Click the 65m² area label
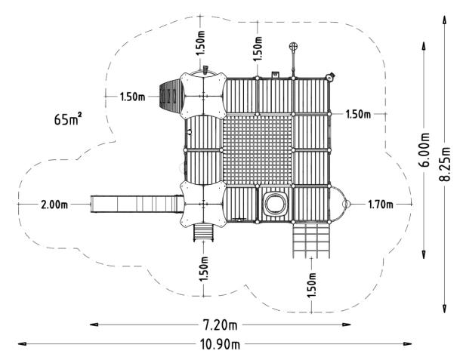(x=68, y=119)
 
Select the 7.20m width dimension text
(x=220, y=325)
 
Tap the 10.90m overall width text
(x=220, y=344)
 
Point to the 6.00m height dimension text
(x=424, y=150)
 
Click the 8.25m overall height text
(x=445, y=164)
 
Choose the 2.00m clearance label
(x=54, y=205)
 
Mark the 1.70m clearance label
(x=381, y=204)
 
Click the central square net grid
(x=258, y=150)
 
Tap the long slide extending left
(x=137, y=204)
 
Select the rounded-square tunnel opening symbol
(x=275, y=204)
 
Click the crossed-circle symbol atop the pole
(x=293, y=46)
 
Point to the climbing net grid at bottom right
(x=311, y=241)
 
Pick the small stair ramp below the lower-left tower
(x=203, y=232)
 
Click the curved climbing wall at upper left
(x=170, y=96)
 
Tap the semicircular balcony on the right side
(x=339, y=204)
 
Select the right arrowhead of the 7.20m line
(x=347, y=325)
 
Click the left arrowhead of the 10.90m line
(x=22, y=343)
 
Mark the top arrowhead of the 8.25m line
(x=444, y=20)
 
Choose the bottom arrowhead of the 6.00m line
(x=424, y=254)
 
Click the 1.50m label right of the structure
(x=358, y=114)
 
